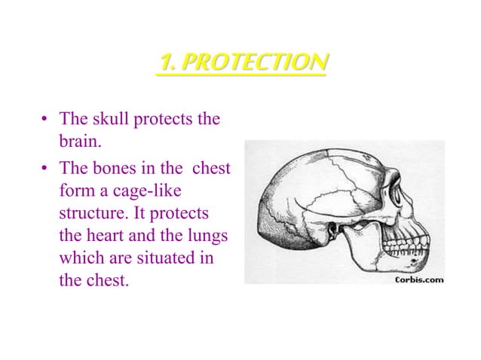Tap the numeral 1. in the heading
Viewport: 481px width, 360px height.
click(x=166, y=63)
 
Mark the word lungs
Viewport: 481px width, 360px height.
click(x=207, y=236)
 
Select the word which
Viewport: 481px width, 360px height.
click(x=81, y=258)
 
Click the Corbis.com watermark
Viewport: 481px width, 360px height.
click(x=419, y=279)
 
